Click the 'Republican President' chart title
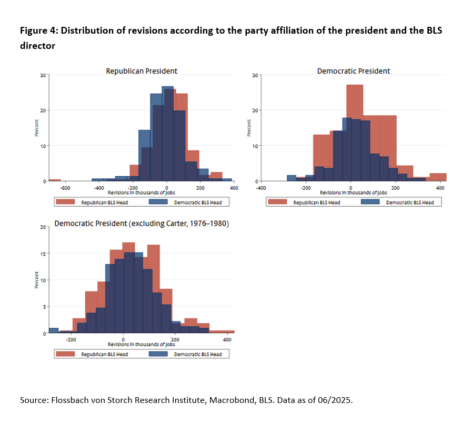(x=142, y=71)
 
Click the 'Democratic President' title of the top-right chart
(x=353, y=71)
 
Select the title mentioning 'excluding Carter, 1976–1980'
(x=142, y=224)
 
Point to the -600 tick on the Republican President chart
(x=65, y=187)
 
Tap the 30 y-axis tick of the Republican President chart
(x=43, y=75)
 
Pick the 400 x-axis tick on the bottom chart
(x=227, y=340)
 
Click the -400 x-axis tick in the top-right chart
(x=260, y=187)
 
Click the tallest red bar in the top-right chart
(x=355, y=132)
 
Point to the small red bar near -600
(x=55, y=180)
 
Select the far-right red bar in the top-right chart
(x=438, y=177)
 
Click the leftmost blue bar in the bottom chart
(x=53, y=330)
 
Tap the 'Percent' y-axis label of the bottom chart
(x=36, y=280)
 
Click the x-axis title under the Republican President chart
(x=142, y=192)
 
